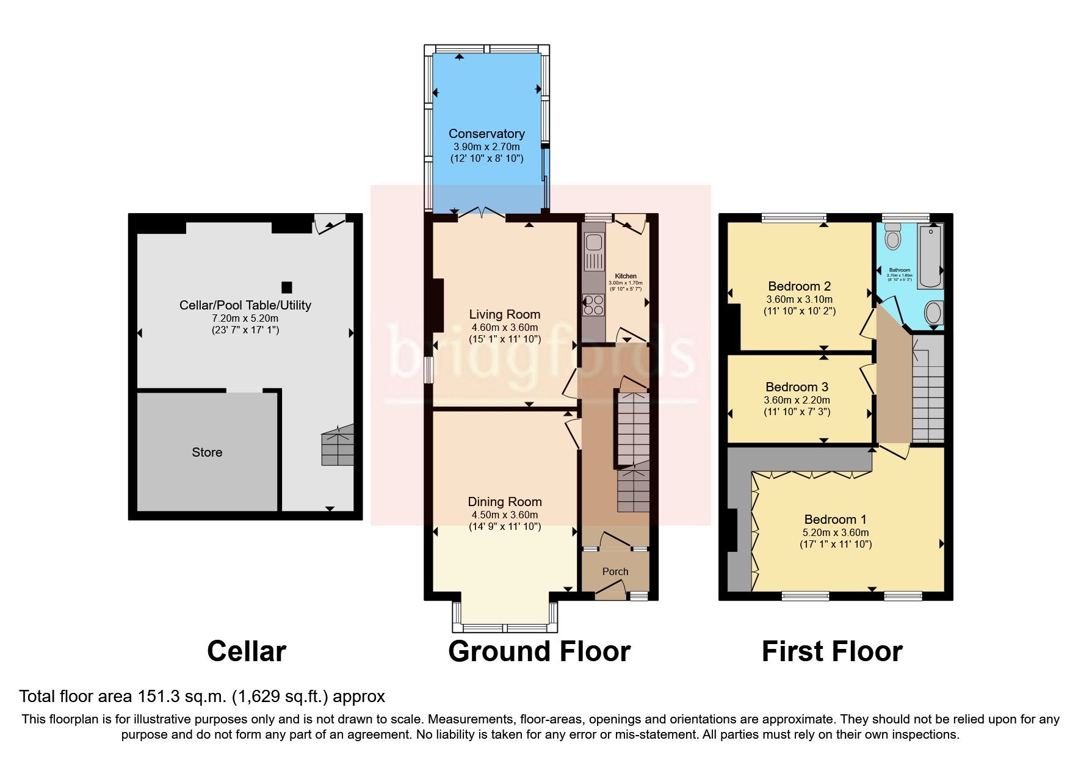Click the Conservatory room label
coord(486,134)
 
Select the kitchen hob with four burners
coord(593,305)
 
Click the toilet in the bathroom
coord(893,236)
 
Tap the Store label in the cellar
coord(207,452)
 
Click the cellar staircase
coord(338,446)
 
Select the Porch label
coord(615,571)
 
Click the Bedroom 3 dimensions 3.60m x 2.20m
coord(797,400)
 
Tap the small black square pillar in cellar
coord(286,287)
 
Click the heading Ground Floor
coord(539,651)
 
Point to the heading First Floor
coord(831,651)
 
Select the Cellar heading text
coord(246,651)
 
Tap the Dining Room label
coord(504,502)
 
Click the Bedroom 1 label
coord(835,520)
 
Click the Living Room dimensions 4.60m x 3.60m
coord(504,328)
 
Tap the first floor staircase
coord(928,391)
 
